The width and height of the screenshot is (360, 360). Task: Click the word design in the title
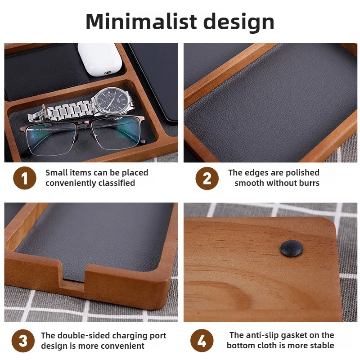pyautogui.click(x=239, y=23)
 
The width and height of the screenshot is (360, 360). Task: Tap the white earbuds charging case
pyautogui.click(x=100, y=59)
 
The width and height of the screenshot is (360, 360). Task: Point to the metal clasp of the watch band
pyautogui.click(x=36, y=115)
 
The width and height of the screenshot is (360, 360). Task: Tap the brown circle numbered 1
pyautogui.click(x=25, y=178)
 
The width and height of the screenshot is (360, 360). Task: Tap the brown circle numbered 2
pyautogui.click(x=207, y=178)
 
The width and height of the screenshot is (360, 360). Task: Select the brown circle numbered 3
pyautogui.click(x=23, y=341)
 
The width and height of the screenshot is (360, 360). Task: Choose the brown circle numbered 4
pyautogui.click(x=202, y=341)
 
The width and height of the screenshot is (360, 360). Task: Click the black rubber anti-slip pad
pyautogui.click(x=292, y=248)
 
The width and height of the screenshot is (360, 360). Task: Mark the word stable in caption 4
pyautogui.click(x=322, y=345)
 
